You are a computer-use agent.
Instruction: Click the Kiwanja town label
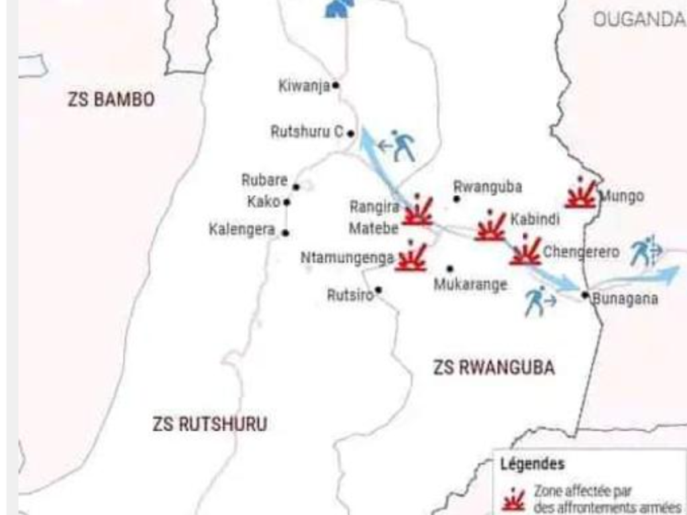coord(304,86)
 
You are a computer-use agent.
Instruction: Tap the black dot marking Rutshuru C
coord(350,133)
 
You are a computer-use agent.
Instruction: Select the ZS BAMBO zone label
coord(111,101)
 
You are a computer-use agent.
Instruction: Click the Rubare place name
coord(264,180)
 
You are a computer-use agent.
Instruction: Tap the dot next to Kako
coord(286,202)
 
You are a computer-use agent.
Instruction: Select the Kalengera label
coord(242,230)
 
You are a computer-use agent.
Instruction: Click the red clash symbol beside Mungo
coord(581,194)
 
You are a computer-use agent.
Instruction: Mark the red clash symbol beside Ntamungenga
coord(411,257)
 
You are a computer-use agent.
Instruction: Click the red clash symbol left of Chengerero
coord(525,251)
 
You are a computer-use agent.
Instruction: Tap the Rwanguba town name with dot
coord(488,187)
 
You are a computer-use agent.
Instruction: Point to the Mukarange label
coord(470,284)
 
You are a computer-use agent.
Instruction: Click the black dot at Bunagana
coord(585,294)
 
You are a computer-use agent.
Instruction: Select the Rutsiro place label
coord(350,295)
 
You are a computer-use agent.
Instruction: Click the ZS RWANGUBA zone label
coord(494,368)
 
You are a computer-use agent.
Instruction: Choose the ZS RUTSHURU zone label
coord(209,424)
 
